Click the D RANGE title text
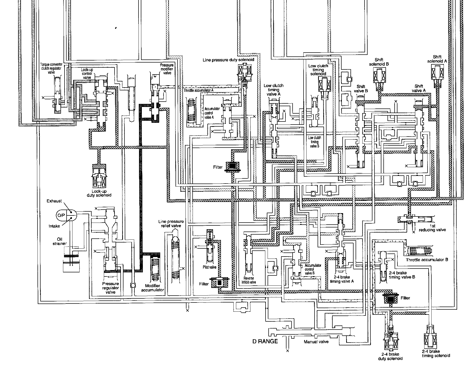[x=265, y=341]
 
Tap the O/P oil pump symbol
[x=66, y=215]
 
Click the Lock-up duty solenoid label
[x=99, y=193]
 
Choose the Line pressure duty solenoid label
[x=228, y=60]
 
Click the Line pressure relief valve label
[x=171, y=224]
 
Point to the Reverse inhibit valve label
[x=249, y=280]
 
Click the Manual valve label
[x=316, y=342]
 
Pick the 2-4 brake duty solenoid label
[x=390, y=356]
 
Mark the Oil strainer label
[x=59, y=241]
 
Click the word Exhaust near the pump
[x=54, y=201]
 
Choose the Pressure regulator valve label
[x=110, y=288]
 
